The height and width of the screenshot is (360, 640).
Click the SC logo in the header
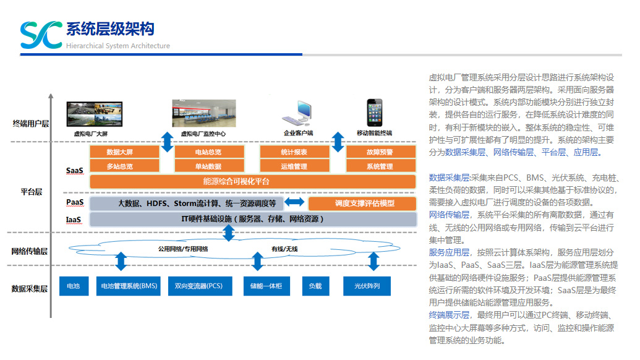[x=41, y=35]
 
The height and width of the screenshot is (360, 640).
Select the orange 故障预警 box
[x=379, y=152]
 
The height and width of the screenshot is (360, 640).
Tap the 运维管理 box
[x=294, y=166]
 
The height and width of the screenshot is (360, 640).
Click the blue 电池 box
[x=74, y=286]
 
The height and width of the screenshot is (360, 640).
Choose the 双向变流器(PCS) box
[x=198, y=286]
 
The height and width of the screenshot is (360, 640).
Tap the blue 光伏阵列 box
[x=367, y=286]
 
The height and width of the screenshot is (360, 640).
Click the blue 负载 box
[x=315, y=286]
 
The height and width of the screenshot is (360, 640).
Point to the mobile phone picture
[x=375, y=112]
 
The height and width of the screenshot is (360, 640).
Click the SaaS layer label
[x=75, y=169]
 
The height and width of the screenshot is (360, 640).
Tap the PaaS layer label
[x=75, y=203]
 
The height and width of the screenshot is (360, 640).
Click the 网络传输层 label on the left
[x=29, y=251]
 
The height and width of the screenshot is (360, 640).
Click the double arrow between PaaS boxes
[x=294, y=202]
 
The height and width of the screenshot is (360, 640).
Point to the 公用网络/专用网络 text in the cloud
[x=182, y=249]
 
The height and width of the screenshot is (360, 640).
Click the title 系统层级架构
[x=110, y=28]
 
